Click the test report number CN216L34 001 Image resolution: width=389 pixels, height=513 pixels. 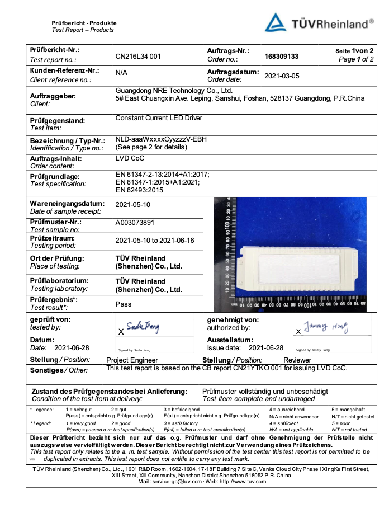tap(138, 57)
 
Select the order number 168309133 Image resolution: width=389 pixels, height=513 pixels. tap(281, 57)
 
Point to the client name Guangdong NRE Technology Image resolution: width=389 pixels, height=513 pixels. tap(173, 90)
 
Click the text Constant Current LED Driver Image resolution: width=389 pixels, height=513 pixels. tap(159, 118)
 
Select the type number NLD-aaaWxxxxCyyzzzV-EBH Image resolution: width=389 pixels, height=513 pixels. tap(161, 139)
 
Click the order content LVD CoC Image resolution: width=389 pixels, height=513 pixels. tap(130, 158)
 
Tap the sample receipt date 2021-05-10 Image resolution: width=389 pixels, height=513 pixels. tap(132, 205)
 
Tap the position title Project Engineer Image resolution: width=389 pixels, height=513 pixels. tap(132, 360)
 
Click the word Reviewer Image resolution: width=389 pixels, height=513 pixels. tap(297, 360)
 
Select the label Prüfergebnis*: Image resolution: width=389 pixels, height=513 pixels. tap(54, 300)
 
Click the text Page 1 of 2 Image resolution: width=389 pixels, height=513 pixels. tap(356, 59)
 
